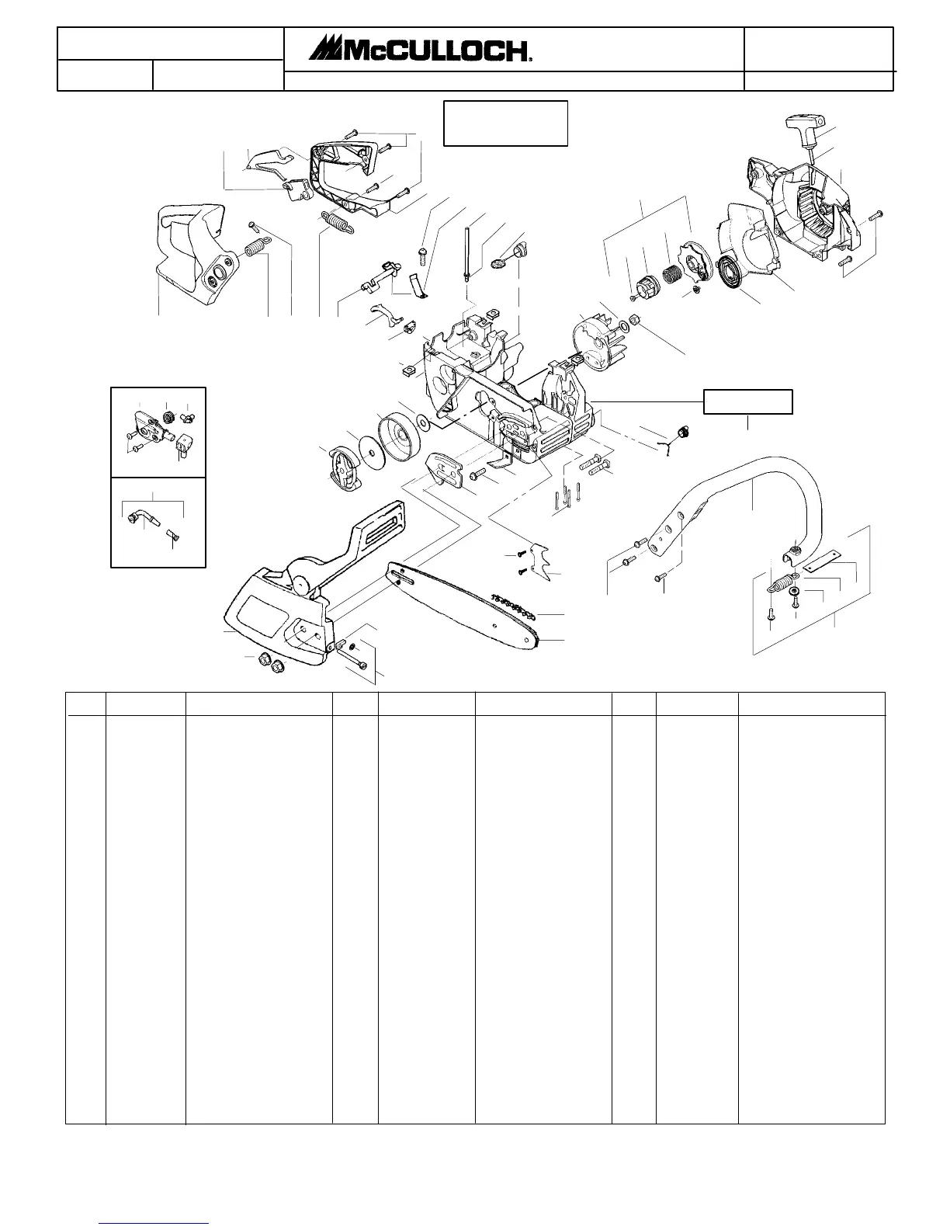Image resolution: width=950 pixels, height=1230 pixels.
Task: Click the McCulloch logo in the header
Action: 420,50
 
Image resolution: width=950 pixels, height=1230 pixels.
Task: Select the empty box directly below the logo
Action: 505,123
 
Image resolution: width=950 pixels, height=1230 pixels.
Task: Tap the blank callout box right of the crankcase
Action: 747,401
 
